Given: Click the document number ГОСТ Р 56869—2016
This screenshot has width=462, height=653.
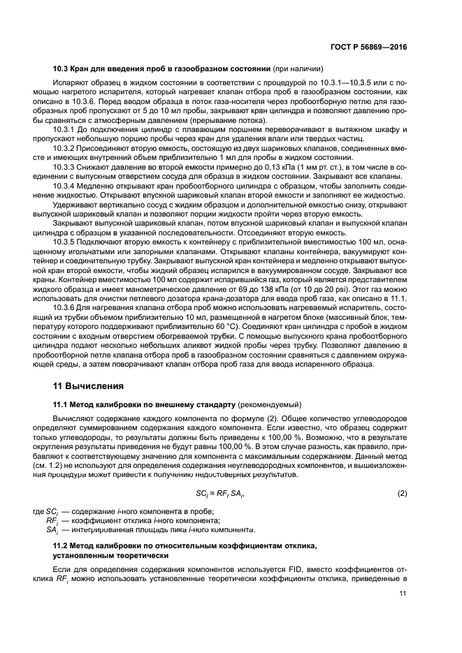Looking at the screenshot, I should coord(370,47).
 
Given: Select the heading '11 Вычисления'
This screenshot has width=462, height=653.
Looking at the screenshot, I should coord(89,385).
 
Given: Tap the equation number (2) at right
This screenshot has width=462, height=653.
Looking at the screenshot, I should coord(402,493).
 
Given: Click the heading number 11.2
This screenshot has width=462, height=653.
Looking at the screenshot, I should coord(61,543).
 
